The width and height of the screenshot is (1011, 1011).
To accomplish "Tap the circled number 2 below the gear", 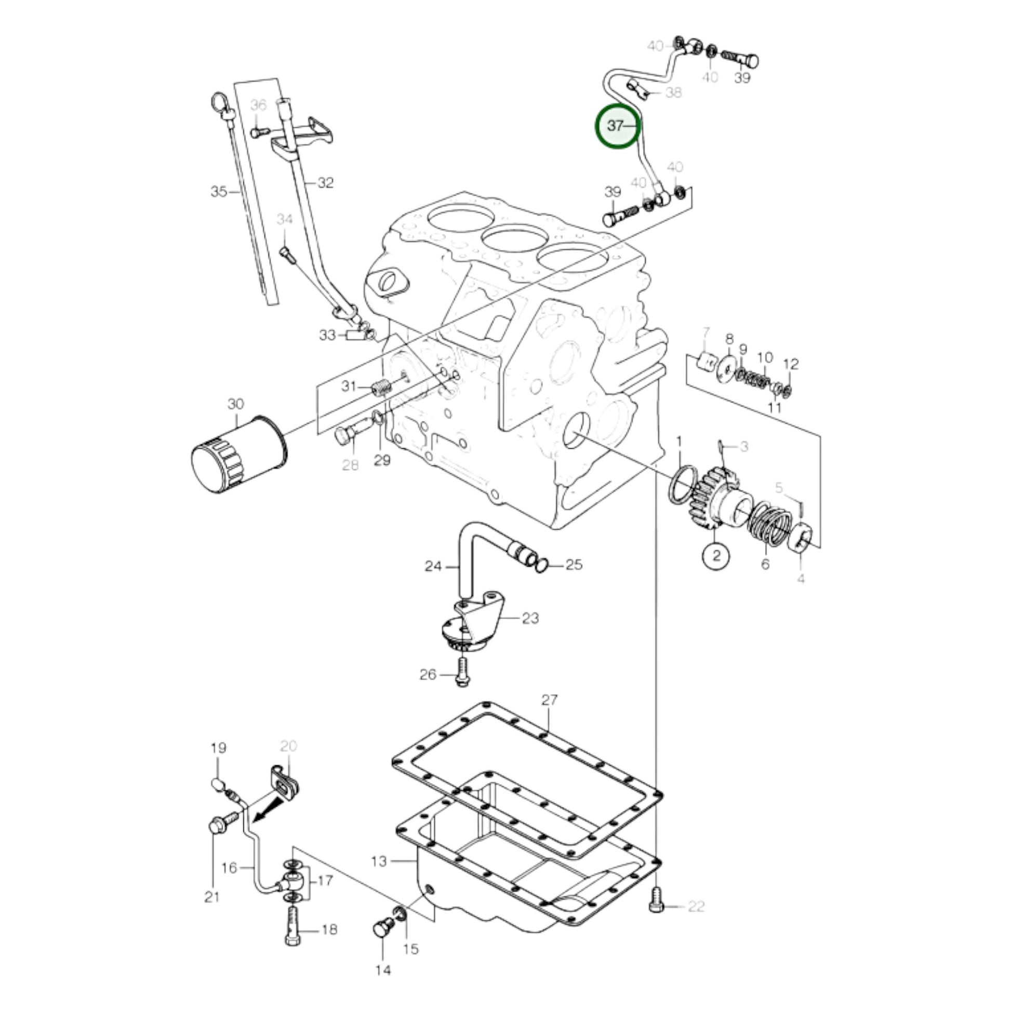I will [716, 555].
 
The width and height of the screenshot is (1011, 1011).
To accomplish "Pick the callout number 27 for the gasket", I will [550, 700].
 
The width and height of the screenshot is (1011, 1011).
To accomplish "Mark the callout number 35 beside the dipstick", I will [219, 192].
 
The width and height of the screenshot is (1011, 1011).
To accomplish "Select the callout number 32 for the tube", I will [326, 183].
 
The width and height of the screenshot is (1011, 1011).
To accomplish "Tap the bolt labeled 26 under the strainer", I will [461, 674].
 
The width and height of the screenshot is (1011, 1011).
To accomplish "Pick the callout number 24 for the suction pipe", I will [433, 566].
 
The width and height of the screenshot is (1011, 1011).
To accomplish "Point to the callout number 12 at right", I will [791, 364].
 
